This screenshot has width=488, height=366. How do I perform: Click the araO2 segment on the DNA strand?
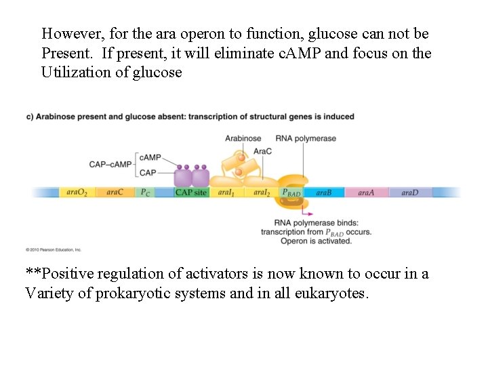click(x=77, y=192)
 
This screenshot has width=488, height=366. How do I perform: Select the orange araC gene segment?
click(x=115, y=192)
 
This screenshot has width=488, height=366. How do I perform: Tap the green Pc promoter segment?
click(x=145, y=192)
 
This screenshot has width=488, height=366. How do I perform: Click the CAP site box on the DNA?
click(x=190, y=192)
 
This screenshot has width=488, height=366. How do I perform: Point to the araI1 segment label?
click(x=226, y=192)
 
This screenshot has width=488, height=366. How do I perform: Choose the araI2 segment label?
click(x=262, y=192)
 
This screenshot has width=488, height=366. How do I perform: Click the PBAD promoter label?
click(x=291, y=192)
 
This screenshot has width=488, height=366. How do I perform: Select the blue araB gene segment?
click(x=324, y=192)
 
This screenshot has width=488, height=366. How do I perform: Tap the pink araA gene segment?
click(x=366, y=192)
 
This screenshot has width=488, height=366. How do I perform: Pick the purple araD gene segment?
click(x=410, y=192)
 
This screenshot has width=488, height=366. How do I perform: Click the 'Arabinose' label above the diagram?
click(x=243, y=138)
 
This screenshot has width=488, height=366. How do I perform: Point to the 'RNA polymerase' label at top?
click(x=306, y=138)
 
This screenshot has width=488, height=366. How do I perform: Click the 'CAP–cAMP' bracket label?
click(x=110, y=165)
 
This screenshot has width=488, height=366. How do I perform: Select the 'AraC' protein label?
click(x=262, y=150)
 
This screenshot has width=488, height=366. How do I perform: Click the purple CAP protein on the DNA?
click(x=192, y=178)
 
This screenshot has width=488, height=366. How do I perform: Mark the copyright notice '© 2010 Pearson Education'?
click(x=54, y=249)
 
